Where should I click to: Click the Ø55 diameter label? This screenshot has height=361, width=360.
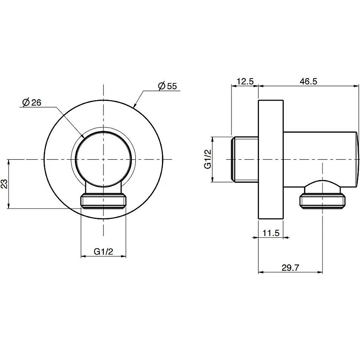tap(167, 86)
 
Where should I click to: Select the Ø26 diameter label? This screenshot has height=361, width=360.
tap(32, 102)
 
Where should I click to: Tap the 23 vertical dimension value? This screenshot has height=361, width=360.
tap(4, 184)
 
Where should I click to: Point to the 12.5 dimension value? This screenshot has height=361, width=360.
tap(245, 81)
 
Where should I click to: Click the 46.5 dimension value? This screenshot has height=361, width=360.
tap(309, 81)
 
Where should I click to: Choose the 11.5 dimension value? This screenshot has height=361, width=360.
tap(271, 233)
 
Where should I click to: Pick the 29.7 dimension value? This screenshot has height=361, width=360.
tap(290, 268)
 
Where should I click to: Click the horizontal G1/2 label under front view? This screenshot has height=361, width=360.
tap(104, 252)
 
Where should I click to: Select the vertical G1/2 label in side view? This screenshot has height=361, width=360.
tap(208, 159)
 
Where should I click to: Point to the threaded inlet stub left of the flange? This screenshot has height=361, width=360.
tap(245, 159)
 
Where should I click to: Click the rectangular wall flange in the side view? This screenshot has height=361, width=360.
tap(271, 159)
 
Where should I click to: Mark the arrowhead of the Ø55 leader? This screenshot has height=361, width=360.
tap(134, 106)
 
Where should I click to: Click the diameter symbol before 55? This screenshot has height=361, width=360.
tap(162, 86)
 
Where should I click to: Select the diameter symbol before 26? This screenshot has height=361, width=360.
tap(26, 102)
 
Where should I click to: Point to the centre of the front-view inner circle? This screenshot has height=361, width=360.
tap(104, 159)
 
